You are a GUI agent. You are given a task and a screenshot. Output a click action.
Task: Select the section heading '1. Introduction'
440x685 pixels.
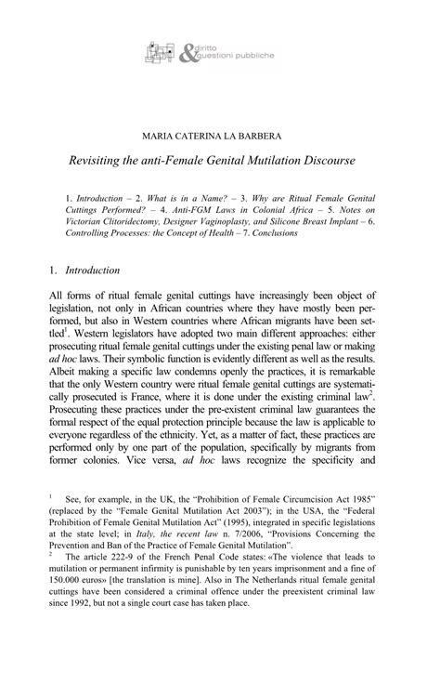84,270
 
